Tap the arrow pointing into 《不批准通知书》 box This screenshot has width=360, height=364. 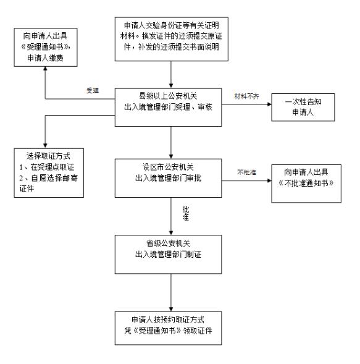267,181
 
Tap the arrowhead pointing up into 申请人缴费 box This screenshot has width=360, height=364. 46,62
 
